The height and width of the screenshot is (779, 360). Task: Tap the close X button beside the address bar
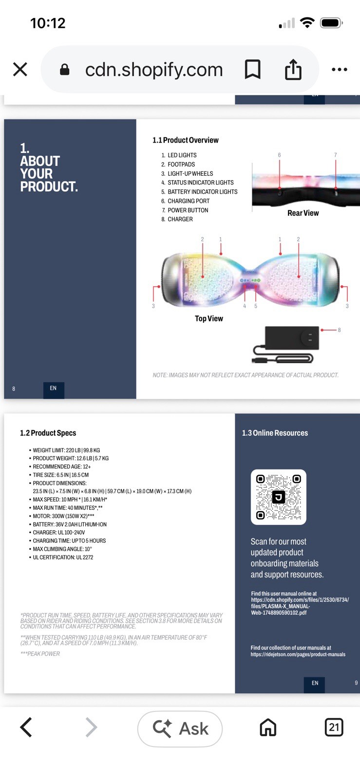click(x=20, y=69)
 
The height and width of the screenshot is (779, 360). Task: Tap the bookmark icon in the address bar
click(x=252, y=69)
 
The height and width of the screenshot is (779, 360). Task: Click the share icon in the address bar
click(x=293, y=70)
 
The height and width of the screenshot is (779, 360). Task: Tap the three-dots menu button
click(x=339, y=69)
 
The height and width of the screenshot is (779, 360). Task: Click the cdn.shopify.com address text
click(x=154, y=70)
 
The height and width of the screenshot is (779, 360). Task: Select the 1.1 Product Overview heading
click(x=186, y=140)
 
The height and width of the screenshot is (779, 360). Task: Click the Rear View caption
click(x=303, y=213)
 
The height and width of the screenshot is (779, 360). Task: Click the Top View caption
click(x=208, y=318)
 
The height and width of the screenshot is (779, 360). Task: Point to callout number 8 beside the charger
click(x=339, y=330)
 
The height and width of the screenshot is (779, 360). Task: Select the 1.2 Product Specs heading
click(x=48, y=433)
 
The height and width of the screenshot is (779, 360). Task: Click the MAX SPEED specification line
click(x=70, y=500)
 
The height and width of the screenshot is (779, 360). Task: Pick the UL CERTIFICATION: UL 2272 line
click(x=63, y=557)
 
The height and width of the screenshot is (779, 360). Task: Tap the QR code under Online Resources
click(x=278, y=497)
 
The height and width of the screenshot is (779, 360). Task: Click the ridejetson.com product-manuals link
click(x=298, y=654)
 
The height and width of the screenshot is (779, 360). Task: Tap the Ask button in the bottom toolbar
click(x=180, y=728)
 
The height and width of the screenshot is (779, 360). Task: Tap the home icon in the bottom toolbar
click(x=268, y=727)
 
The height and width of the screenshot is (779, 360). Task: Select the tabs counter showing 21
click(x=334, y=727)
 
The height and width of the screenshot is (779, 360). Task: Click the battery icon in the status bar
click(x=331, y=23)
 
